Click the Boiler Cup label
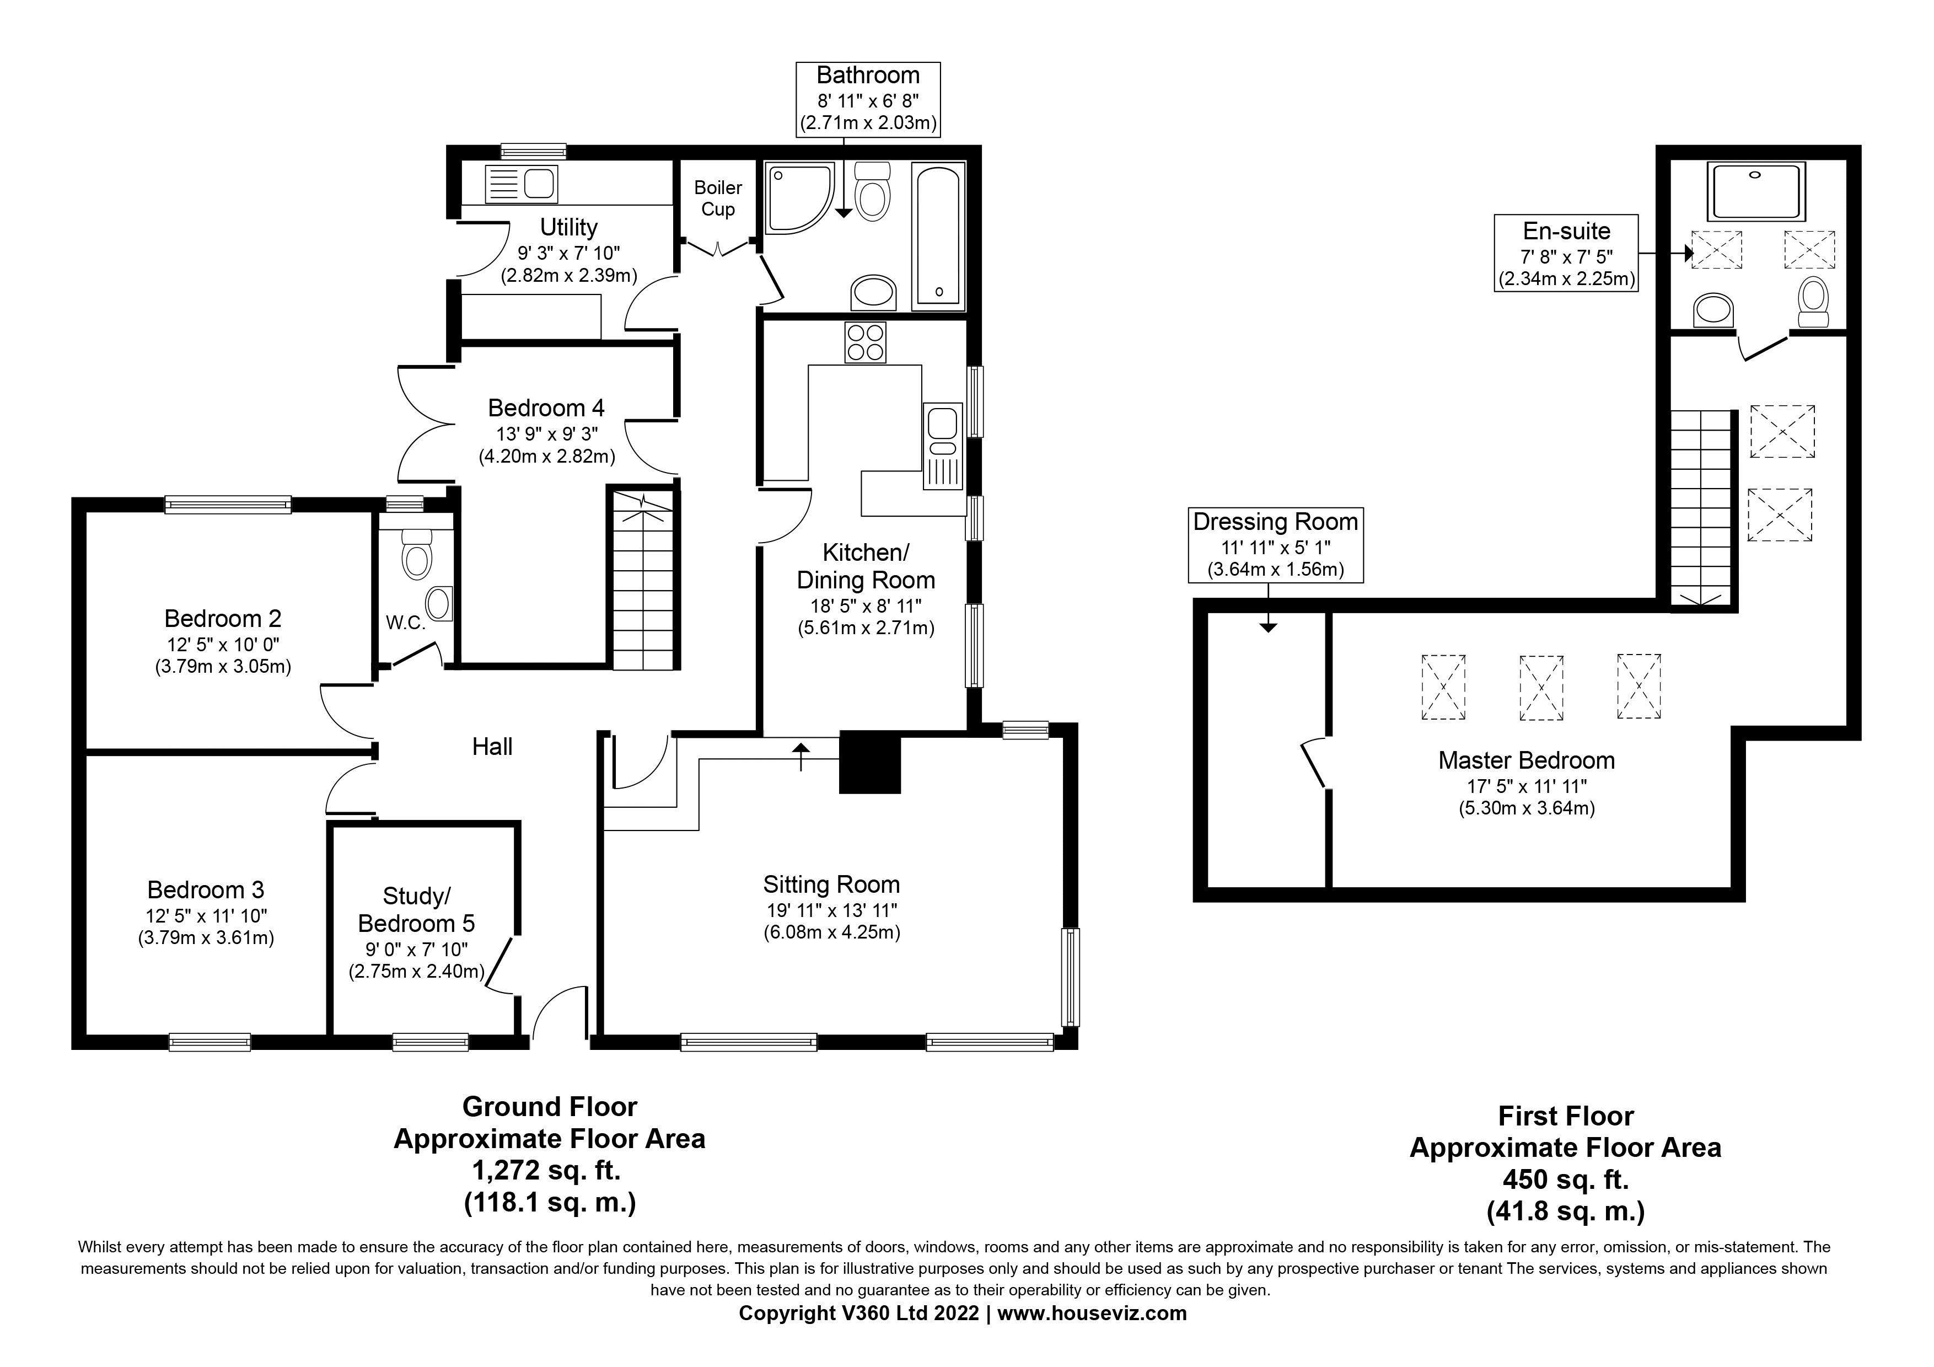pyautogui.click(x=718, y=199)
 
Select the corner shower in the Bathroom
pyautogui.click(x=796, y=199)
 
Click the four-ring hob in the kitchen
pyautogui.click(x=865, y=342)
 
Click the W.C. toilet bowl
pyautogui.click(x=417, y=555)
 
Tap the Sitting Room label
pyautogui.click(x=831, y=884)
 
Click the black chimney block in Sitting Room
pyautogui.click(x=870, y=763)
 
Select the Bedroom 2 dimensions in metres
pyautogui.click(x=223, y=667)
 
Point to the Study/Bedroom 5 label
pyautogui.click(x=416, y=910)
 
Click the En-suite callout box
pyautogui.click(x=1566, y=253)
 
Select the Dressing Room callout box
pyautogui.click(x=1275, y=544)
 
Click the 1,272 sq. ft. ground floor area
pyautogui.click(x=549, y=1171)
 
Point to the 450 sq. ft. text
pyautogui.click(x=1565, y=1179)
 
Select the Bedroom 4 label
pyautogui.click(x=546, y=409)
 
